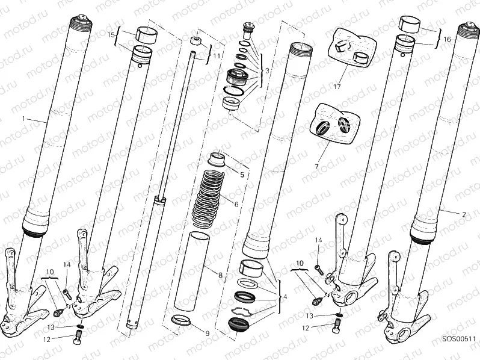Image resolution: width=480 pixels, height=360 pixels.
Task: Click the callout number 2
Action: coord(463,214)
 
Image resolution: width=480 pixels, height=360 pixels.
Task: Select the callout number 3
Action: coord(267,70)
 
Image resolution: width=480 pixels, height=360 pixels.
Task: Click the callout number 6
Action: coord(236,205)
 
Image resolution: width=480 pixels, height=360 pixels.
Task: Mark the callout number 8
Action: coord(220,275)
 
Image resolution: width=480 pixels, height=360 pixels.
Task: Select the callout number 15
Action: coord(110,35)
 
